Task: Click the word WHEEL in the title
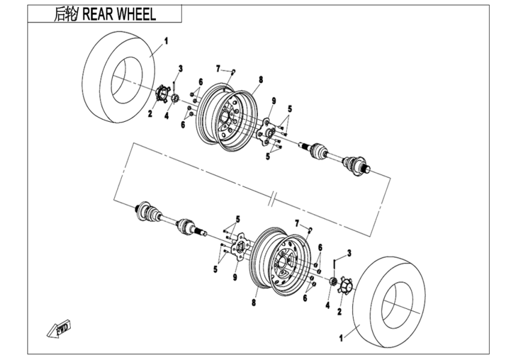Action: coord(133,14)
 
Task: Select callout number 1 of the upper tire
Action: coord(166,41)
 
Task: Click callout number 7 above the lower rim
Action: coord(296,223)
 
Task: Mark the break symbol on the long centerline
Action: coord(272,197)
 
